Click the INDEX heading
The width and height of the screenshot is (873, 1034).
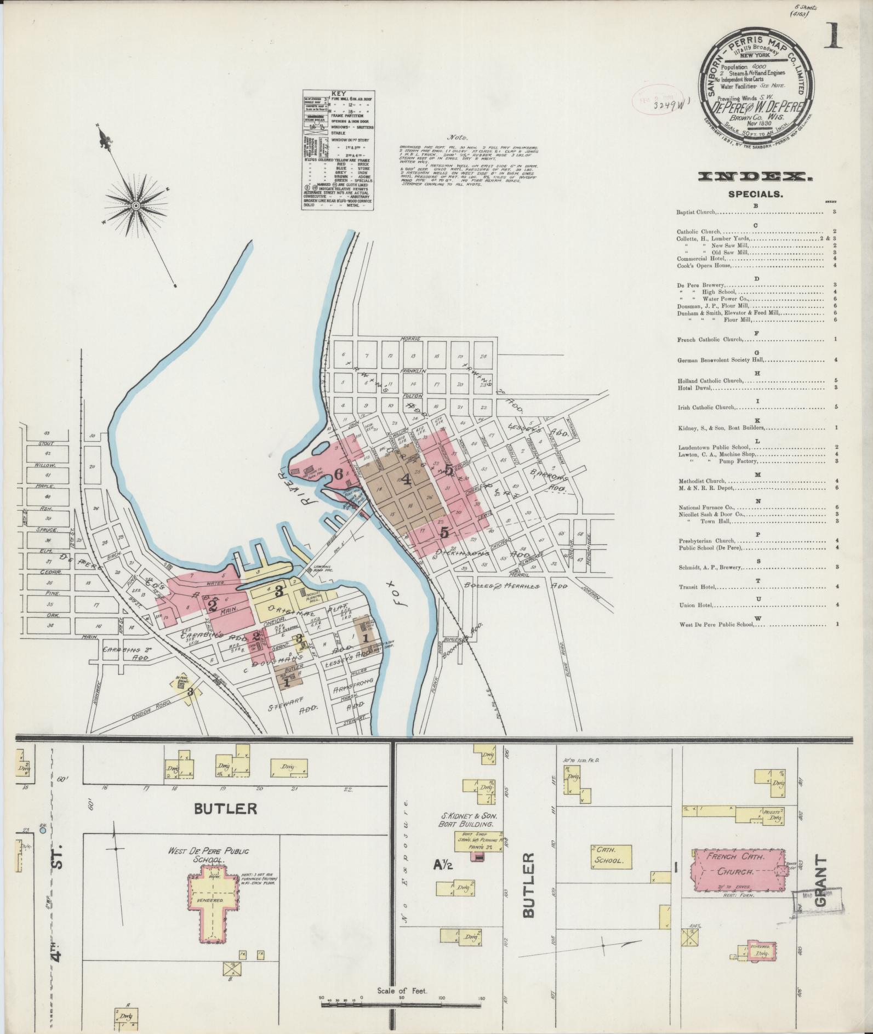(x=755, y=177)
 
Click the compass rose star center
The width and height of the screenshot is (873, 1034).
(x=135, y=205)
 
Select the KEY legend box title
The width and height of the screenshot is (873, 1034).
(x=338, y=94)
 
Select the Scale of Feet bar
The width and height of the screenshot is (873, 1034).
(x=402, y=1003)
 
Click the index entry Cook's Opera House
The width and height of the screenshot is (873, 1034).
(x=704, y=265)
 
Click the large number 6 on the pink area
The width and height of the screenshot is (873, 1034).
(x=339, y=475)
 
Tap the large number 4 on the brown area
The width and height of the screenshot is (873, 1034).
(x=406, y=480)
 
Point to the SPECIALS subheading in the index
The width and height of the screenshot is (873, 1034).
(x=755, y=194)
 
